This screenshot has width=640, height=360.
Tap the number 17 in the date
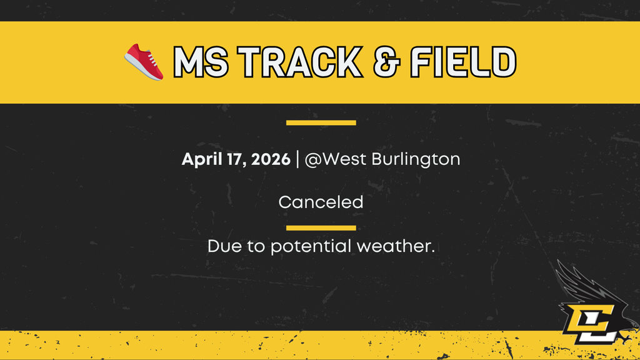pyautogui.click(x=233, y=159)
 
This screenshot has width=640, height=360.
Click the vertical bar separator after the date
pyautogui.click(x=297, y=159)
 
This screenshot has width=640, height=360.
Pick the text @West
pyautogui.click(x=336, y=159)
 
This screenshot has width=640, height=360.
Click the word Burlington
pyautogui.click(x=416, y=160)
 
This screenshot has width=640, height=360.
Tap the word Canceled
pyautogui.click(x=321, y=202)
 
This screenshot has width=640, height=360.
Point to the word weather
pyautogui.click(x=395, y=246)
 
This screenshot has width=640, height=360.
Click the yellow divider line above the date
pyautogui.click(x=321, y=122)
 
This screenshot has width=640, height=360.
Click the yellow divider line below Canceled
pyautogui.click(x=321, y=227)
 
